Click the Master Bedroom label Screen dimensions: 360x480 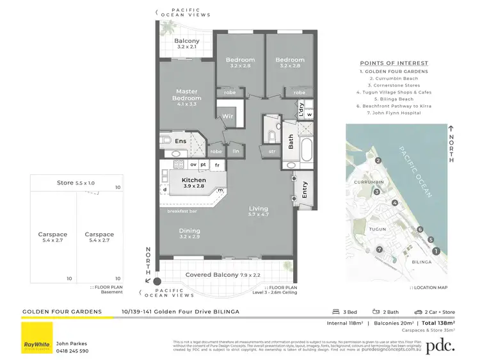[188, 95]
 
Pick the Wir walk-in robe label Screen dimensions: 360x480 [227, 117]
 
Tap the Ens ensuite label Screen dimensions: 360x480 [181, 140]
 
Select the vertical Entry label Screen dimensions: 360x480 [305, 190]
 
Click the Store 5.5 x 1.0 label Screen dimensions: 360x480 [76, 183]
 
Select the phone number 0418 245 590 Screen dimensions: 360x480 [72, 351]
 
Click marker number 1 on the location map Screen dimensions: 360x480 [436, 252]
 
